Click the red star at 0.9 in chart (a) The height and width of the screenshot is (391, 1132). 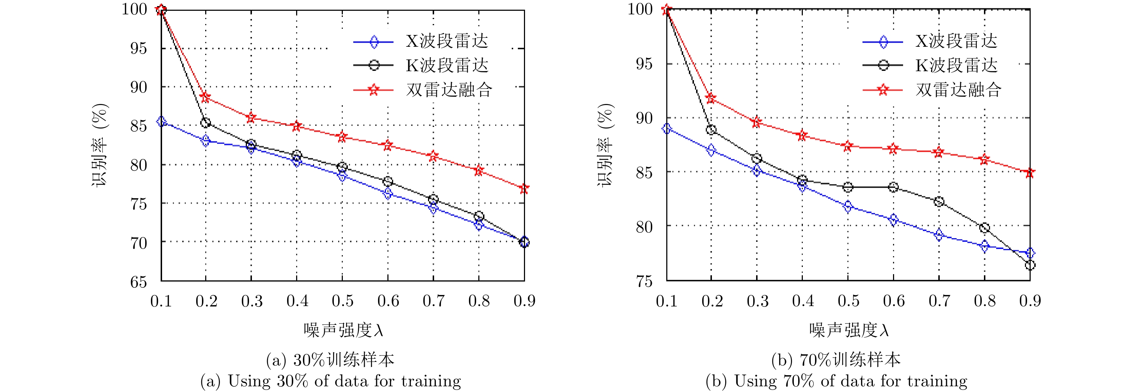click(524, 189)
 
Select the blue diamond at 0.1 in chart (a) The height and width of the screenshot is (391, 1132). click(161, 121)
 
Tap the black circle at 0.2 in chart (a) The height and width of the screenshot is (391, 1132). click(205, 123)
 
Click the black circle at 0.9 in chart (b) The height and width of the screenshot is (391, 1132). click(1030, 265)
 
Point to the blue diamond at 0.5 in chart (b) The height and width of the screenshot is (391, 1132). click(848, 206)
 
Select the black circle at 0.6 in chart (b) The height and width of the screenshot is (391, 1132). click(893, 187)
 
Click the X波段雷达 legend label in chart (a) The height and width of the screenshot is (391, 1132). click(447, 41)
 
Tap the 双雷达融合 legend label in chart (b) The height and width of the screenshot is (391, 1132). click(958, 90)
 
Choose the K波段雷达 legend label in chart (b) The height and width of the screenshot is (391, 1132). click(956, 65)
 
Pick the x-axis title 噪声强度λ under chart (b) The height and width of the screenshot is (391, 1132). click(848, 330)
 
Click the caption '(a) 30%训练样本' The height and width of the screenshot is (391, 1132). click(330, 360)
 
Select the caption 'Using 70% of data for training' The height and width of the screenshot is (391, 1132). click(836, 381)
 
